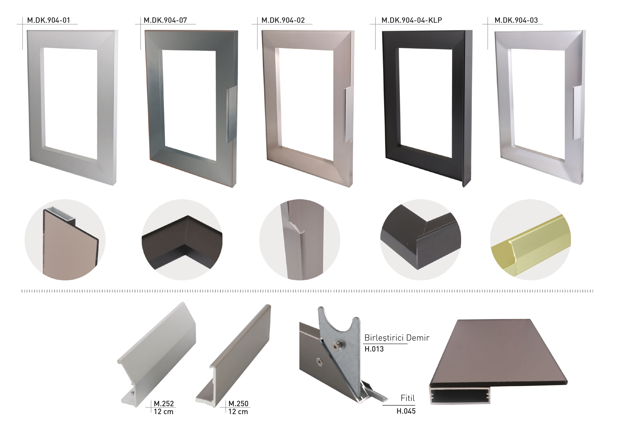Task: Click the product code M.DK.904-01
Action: [x=49, y=20]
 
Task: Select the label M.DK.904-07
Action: [x=165, y=20]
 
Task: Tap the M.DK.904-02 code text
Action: [x=283, y=20]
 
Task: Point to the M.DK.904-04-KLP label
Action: [x=412, y=20]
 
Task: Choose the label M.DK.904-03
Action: [x=516, y=20]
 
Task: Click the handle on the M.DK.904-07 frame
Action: [x=231, y=115]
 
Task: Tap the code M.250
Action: [x=238, y=403]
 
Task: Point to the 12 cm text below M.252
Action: [x=164, y=412]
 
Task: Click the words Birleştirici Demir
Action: [x=397, y=338]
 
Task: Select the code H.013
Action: [x=374, y=349]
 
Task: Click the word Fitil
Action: [x=408, y=398]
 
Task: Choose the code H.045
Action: [x=406, y=411]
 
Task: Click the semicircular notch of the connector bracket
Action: [x=339, y=324]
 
